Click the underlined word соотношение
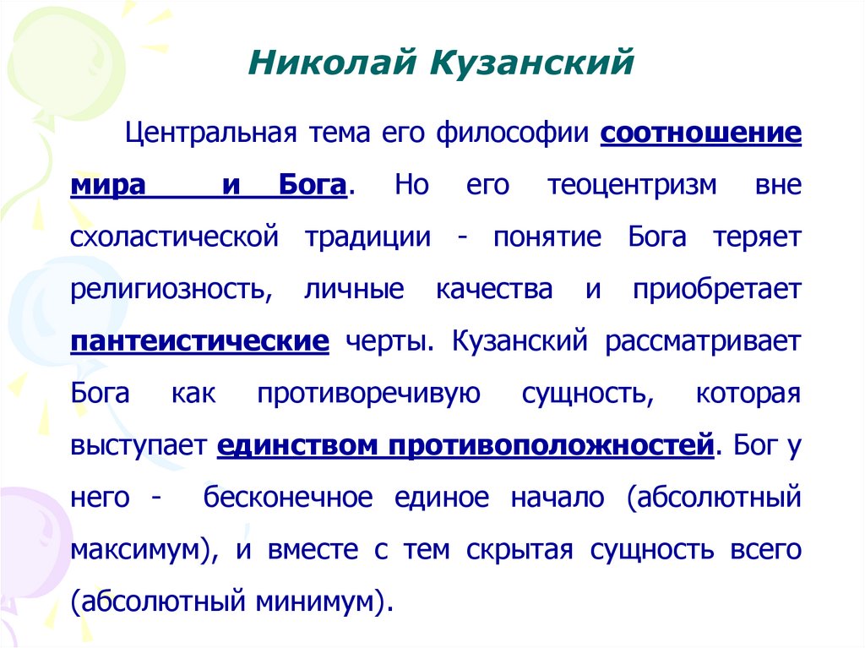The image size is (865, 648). (700, 133)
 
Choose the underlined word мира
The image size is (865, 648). (107, 186)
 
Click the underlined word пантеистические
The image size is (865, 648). (200, 342)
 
